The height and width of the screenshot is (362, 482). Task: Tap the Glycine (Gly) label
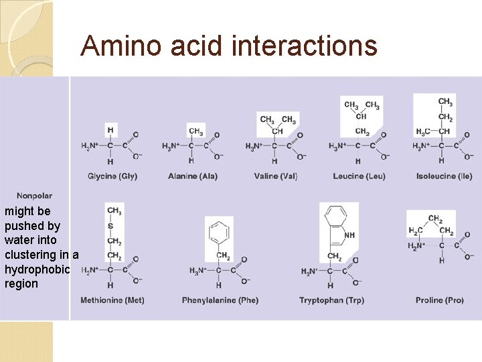pyautogui.click(x=112, y=176)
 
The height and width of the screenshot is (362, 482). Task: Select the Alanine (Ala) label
pyautogui.click(x=193, y=176)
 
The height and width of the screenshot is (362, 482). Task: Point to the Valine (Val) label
pyautogui.click(x=276, y=176)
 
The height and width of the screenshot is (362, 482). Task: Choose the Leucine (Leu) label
pyautogui.click(x=359, y=176)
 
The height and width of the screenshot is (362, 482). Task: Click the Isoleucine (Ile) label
pyautogui.click(x=443, y=176)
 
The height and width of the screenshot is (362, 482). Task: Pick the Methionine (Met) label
pyautogui.click(x=112, y=300)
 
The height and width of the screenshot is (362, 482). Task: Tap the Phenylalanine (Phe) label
pyautogui.click(x=220, y=300)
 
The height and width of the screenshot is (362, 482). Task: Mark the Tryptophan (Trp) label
pyautogui.click(x=331, y=300)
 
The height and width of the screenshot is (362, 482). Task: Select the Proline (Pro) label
pyautogui.click(x=439, y=300)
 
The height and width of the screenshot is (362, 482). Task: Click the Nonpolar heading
pyautogui.click(x=35, y=196)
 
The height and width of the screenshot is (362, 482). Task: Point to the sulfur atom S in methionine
pyautogui.click(x=110, y=226)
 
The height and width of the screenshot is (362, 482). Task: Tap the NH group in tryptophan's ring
pyautogui.click(x=349, y=235)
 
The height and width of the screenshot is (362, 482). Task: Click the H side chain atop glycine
pyautogui.click(x=110, y=130)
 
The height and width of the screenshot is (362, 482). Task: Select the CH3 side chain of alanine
pyautogui.click(x=195, y=131)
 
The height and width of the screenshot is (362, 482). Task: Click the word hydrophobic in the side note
pyautogui.click(x=37, y=269)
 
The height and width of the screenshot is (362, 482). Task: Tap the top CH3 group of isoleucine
pyautogui.click(x=445, y=103)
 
